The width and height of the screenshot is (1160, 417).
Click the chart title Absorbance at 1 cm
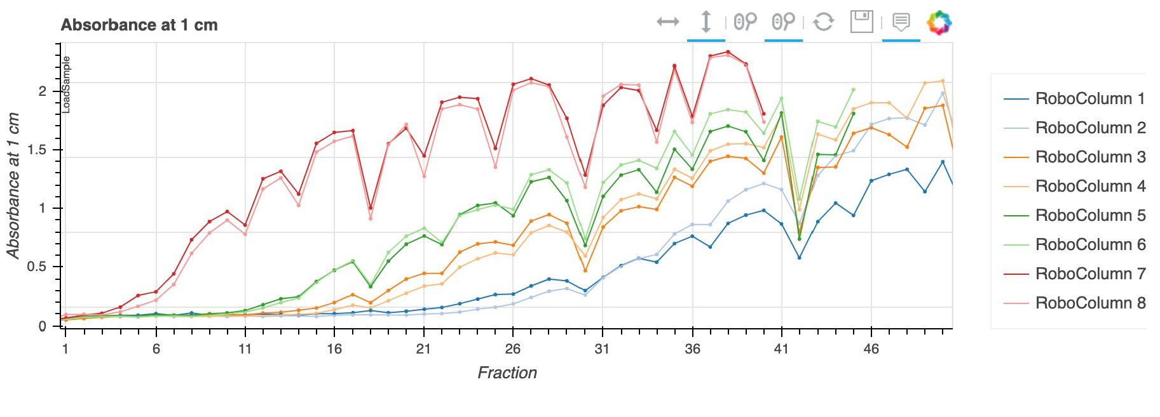click(x=139, y=25)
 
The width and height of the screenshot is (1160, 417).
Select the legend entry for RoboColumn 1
click(x=1089, y=99)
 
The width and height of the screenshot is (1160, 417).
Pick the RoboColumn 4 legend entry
click(x=1089, y=186)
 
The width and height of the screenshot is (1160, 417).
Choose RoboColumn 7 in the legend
click(x=1089, y=274)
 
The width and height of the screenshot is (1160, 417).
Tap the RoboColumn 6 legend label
click(x=1089, y=244)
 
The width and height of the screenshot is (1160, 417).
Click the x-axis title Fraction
click(x=507, y=373)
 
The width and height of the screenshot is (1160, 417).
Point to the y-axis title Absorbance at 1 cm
click(x=13, y=185)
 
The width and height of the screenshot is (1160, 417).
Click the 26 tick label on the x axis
click(x=513, y=348)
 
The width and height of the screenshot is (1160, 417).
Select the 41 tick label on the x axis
click(x=781, y=348)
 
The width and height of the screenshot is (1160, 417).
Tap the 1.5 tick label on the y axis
click(x=38, y=150)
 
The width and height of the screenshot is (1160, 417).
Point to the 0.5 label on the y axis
click(x=38, y=267)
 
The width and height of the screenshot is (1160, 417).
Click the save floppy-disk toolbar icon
click(x=861, y=22)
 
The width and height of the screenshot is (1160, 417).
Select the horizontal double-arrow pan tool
click(x=668, y=22)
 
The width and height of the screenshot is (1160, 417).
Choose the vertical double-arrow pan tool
click(x=706, y=22)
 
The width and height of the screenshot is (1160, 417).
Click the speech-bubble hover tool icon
click(x=901, y=22)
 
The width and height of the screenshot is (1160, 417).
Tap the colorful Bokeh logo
click(x=939, y=23)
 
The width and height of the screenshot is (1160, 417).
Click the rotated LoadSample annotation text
click(x=66, y=84)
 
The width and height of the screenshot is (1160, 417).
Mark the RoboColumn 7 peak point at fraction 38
click(x=728, y=52)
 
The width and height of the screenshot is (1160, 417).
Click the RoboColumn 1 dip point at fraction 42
click(x=800, y=258)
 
